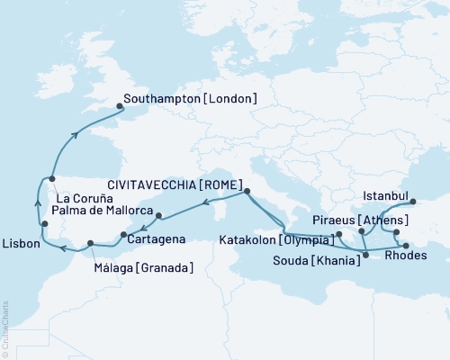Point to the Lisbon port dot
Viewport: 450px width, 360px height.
[x=44, y=223]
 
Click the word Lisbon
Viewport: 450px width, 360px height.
[x=21, y=243]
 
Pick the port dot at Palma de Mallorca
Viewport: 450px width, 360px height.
[x=158, y=215]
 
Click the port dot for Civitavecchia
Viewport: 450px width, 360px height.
[x=247, y=191]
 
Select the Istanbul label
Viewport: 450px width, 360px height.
[x=386, y=194]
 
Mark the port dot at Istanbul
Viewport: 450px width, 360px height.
[x=413, y=202]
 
